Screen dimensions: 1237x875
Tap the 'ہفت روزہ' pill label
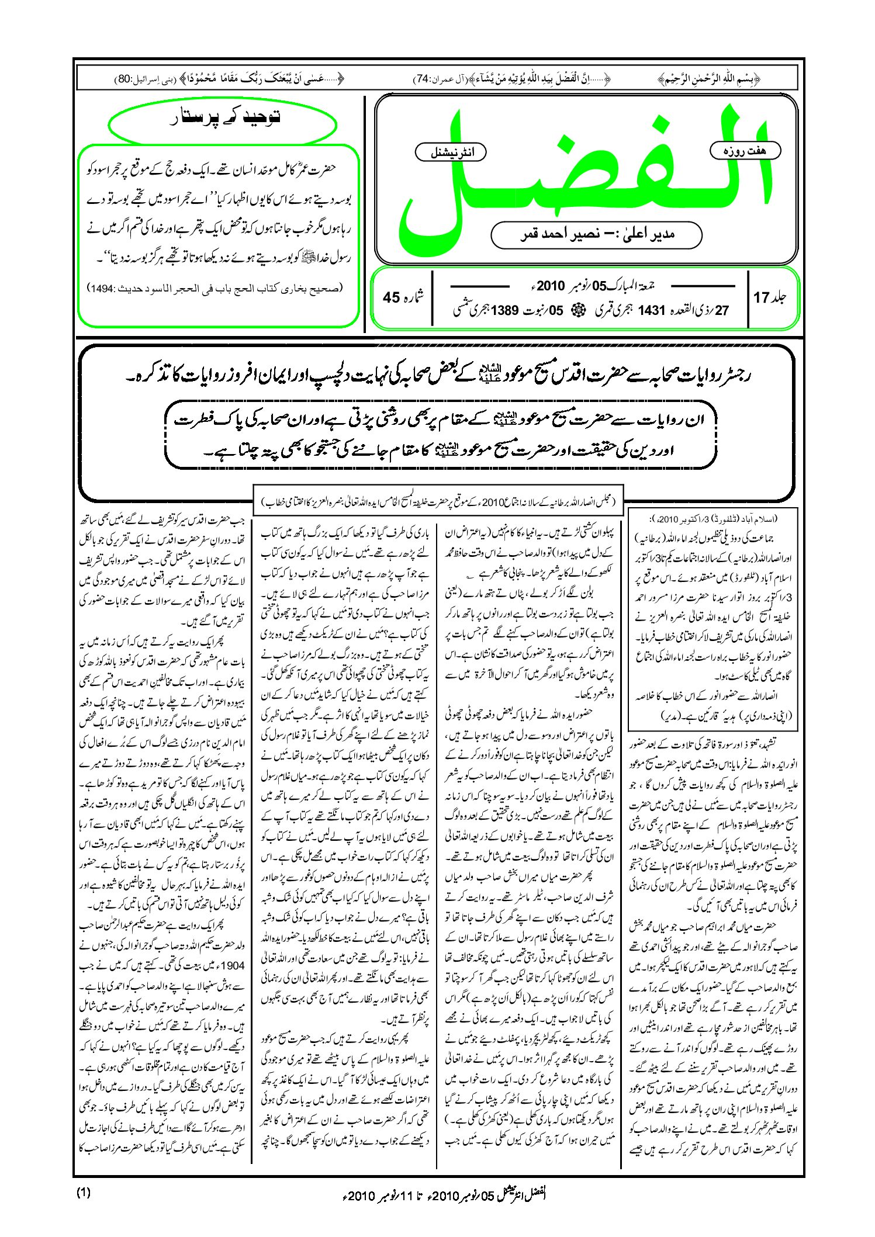(x=745, y=151)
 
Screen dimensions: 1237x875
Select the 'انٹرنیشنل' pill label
(x=451, y=153)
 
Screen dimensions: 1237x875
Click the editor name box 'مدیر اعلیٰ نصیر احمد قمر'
(x=596, y=234)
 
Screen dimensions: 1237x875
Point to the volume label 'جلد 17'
(x=770, y=297)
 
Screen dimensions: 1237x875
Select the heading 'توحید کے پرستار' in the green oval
(x=223, y=117)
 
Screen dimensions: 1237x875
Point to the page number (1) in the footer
(x=83, y=1193)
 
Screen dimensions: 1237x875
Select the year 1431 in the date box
(x=652, y=310)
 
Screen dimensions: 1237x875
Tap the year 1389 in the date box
(x=504, y=310)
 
